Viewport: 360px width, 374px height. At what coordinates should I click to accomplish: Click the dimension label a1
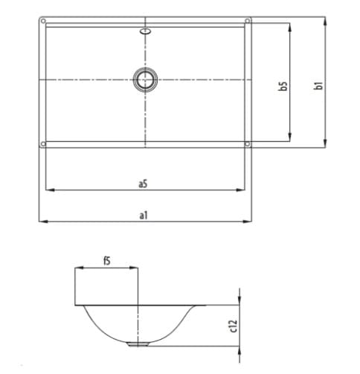click(144, 215)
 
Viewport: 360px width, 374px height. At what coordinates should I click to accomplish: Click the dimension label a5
click(143, 183)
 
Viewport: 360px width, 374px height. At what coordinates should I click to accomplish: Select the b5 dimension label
click(283, 86)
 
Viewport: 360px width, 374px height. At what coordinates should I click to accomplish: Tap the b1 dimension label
click(318, 84)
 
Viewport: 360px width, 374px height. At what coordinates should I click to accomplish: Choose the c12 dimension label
click(232, 324)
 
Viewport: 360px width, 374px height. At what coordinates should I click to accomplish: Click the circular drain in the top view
click(145, 79)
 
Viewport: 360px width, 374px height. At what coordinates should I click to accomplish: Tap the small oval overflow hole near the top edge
click(145, 32)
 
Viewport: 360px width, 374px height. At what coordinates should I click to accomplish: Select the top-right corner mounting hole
click(248, 20)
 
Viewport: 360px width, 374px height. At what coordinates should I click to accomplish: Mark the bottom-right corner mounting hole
click(248, 144)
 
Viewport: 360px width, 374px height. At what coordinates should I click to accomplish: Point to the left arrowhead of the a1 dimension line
click(42, 221)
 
